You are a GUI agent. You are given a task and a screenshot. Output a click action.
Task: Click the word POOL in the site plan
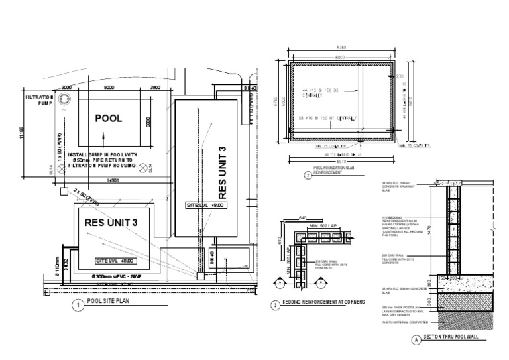point(109,119)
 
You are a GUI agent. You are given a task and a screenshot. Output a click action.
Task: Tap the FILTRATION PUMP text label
point(37,100)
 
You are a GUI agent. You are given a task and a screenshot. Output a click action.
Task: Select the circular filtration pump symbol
point(64,100)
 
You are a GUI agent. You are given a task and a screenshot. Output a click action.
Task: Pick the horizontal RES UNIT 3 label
point(111,222)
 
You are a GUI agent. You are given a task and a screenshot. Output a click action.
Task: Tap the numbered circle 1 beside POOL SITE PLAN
point(78,305)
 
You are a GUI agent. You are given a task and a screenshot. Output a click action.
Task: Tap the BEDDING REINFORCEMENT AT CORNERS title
point(327,303)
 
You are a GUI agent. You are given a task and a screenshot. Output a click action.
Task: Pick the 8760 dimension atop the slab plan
point(342,48)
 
